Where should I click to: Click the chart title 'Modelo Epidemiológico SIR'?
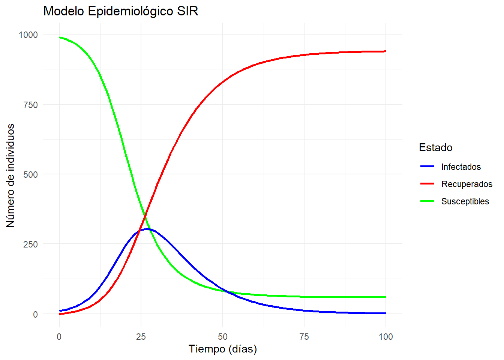pos(120,11)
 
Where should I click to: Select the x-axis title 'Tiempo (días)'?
pos(223,349)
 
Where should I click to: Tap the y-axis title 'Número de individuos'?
pos(10,175)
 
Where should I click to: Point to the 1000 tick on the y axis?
pos(28,35)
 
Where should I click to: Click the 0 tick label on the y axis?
pos(35,315)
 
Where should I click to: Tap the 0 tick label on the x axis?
pos(59,337)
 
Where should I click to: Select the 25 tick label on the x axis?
pos(141,337)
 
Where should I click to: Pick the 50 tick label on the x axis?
pos(223,337)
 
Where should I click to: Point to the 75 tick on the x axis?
pos(304,337)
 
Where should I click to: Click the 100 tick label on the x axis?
pos(386,337)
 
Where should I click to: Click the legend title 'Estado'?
pos(436,147)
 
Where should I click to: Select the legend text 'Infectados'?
pos(461,167)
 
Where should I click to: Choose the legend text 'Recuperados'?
pos(467,184)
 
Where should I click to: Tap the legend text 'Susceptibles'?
pos(465,201)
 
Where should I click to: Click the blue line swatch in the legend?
pos(427,166)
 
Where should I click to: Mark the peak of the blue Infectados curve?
pos(148,228)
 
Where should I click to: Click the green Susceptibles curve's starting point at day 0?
pos(60,37)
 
